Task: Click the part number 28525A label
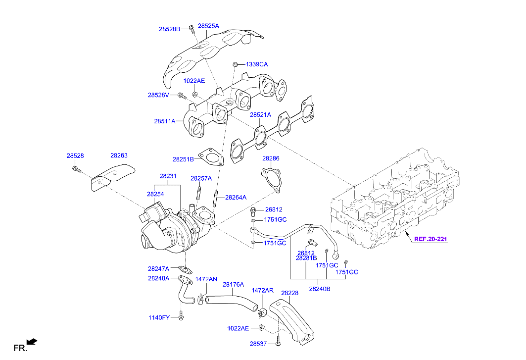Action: point(208,25)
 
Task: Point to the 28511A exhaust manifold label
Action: point(164,121)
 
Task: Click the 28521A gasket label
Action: point(260,115)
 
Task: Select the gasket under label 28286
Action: point(271,179)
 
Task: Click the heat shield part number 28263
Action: point(119,155)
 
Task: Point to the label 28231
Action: point(168,176)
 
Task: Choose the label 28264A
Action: point(236,197)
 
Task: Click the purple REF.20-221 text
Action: point(430,239)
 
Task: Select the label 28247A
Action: point(158,268)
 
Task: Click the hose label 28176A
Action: point(233,285)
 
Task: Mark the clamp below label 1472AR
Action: point(263,312)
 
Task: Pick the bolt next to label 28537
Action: point(278,343)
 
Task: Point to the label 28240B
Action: point(320,289)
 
